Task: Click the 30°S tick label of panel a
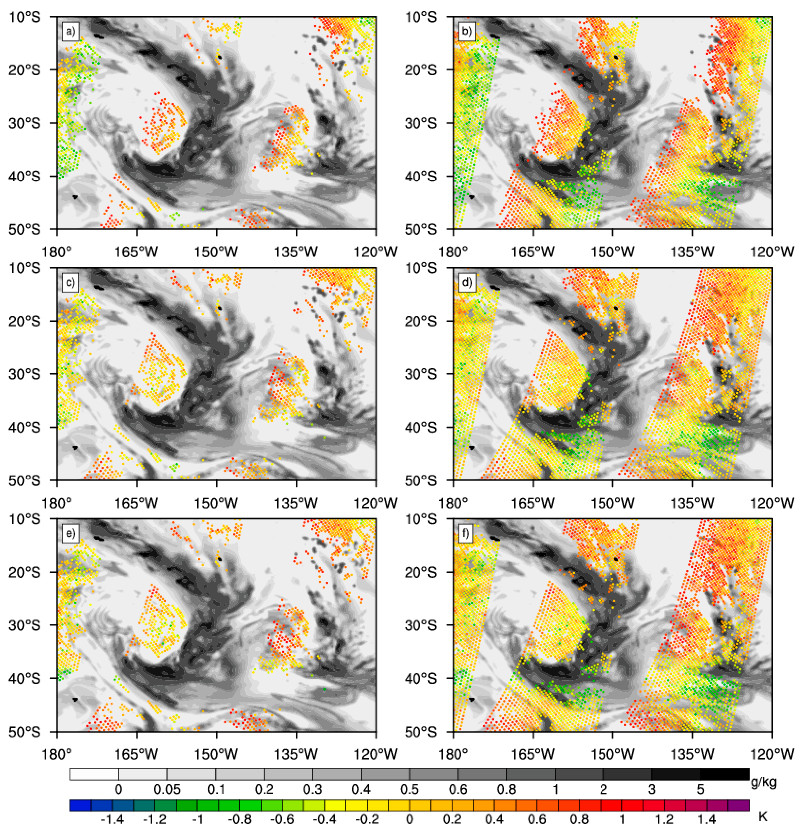(24, 123)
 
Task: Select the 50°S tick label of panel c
(24, 480)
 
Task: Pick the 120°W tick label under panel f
(772, 754)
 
